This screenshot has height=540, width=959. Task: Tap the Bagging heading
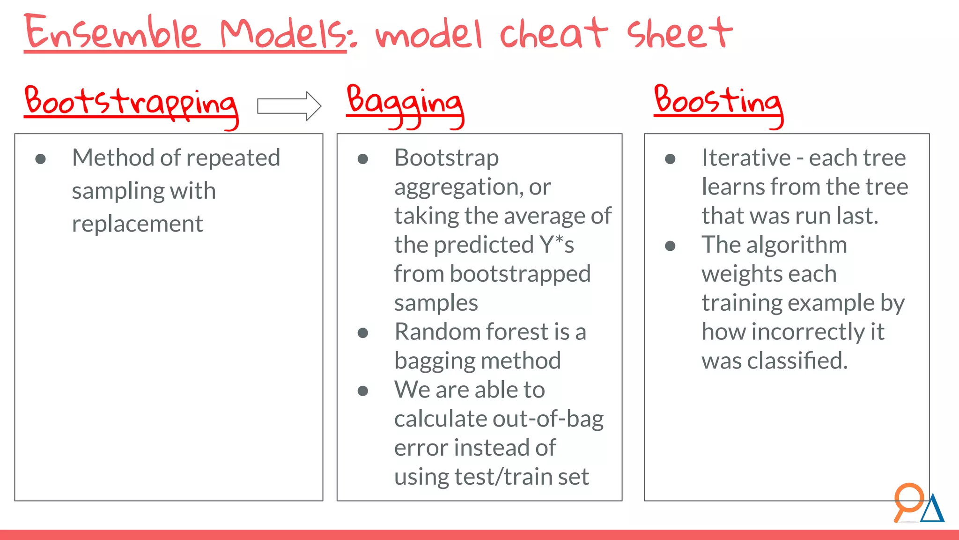[x=405, y=103]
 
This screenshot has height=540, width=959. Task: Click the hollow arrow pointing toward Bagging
[x=289, y=106]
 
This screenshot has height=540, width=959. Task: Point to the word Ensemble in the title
[x=112, y=33]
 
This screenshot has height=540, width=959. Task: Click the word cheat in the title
[x=553, y=34]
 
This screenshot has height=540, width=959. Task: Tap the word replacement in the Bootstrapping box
[x=137, y=224]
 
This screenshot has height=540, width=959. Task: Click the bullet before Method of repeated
[x=41, y=159]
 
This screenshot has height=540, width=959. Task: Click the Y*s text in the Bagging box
[x=556, y=245]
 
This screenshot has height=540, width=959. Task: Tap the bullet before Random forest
[x=363, y=333]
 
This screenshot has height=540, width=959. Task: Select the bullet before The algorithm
[x=670, y=246]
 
